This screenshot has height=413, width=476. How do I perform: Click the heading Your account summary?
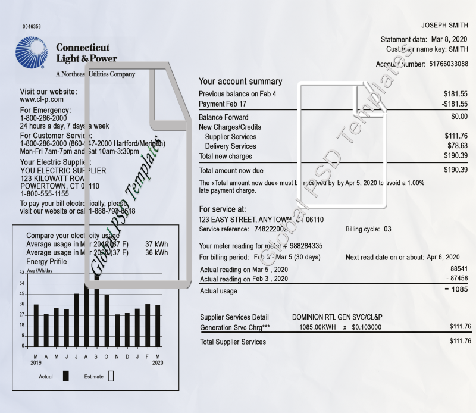coord(240,82)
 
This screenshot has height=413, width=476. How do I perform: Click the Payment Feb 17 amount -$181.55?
coord(455,104)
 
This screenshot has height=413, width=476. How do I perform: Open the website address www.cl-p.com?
coord(42,99)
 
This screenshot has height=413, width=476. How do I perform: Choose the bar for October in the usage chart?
coord(107,320)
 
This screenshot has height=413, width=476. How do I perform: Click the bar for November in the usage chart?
coord(117,330)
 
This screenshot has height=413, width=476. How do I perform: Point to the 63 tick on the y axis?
coord(22,273)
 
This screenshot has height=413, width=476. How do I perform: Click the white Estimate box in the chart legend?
coord(111,376)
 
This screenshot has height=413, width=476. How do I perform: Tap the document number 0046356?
coord(32,27)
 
